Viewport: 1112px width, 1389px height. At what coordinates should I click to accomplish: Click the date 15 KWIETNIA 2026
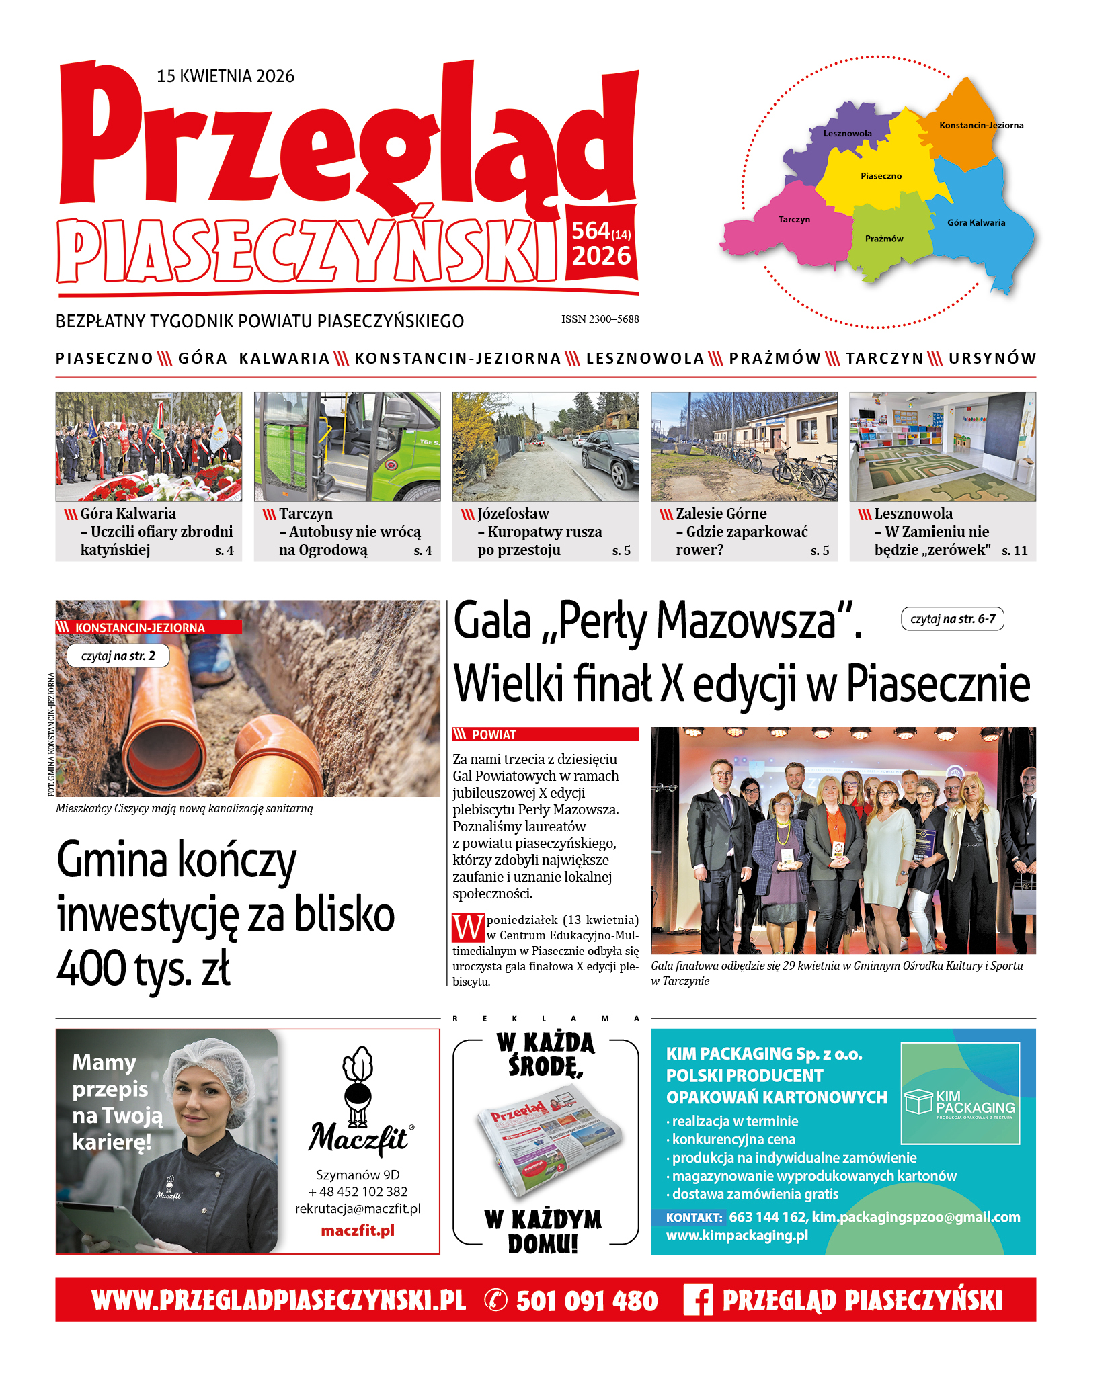(225, 76)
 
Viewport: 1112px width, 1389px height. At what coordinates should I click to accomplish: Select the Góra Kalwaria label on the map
(976, 223)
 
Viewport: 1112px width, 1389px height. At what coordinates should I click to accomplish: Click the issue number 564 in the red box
(591, 230)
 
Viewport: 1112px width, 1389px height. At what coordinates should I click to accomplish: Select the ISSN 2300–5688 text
(600, 319)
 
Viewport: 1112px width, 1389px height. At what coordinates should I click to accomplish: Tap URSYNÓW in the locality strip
(992, 358)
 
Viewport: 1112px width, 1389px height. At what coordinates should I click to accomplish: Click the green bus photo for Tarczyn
(347, 446)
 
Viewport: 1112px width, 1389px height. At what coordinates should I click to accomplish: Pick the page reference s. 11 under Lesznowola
(1015, 550)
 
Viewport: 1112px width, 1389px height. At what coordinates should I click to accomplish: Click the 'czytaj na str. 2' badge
(118, 656)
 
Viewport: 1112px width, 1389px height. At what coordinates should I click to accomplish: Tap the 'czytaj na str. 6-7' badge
(952, 619)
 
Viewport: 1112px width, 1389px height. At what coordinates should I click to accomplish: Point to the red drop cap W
(468, 928)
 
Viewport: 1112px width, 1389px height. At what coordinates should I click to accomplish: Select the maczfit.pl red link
(358, 1230)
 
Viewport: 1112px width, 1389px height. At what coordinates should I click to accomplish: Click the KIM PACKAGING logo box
(960, 1093)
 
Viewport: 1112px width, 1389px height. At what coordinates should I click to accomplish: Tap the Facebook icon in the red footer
(697, 1300)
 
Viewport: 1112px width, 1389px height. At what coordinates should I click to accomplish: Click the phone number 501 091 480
(586, 1301)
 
